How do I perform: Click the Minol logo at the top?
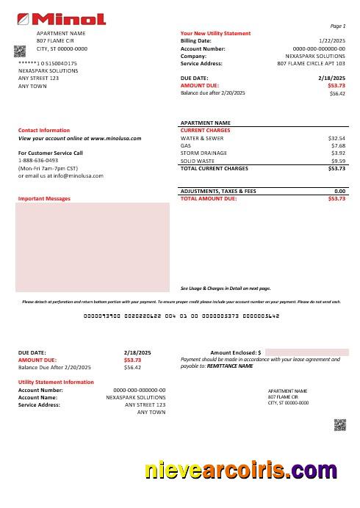coord(61,19)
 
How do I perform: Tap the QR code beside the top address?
coord(20,50)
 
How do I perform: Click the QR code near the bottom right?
coord(339,424)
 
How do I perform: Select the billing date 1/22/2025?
coord(332,41)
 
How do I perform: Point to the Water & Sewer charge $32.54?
coord(336,137)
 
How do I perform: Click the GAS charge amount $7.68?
coord(338,145)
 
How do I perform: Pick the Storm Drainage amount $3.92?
coord(338,153)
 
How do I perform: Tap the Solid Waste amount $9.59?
coord(338,161)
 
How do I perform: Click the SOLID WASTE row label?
coord(198,161)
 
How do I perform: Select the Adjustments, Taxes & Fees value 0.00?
coord(339,191)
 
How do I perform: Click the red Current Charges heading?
coord(205,130)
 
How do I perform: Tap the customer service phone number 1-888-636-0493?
coord(38,160)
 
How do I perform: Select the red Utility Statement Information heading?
coord(56,382)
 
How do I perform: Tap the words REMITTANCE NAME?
coord(230,366)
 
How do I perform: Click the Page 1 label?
coord(338,26)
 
